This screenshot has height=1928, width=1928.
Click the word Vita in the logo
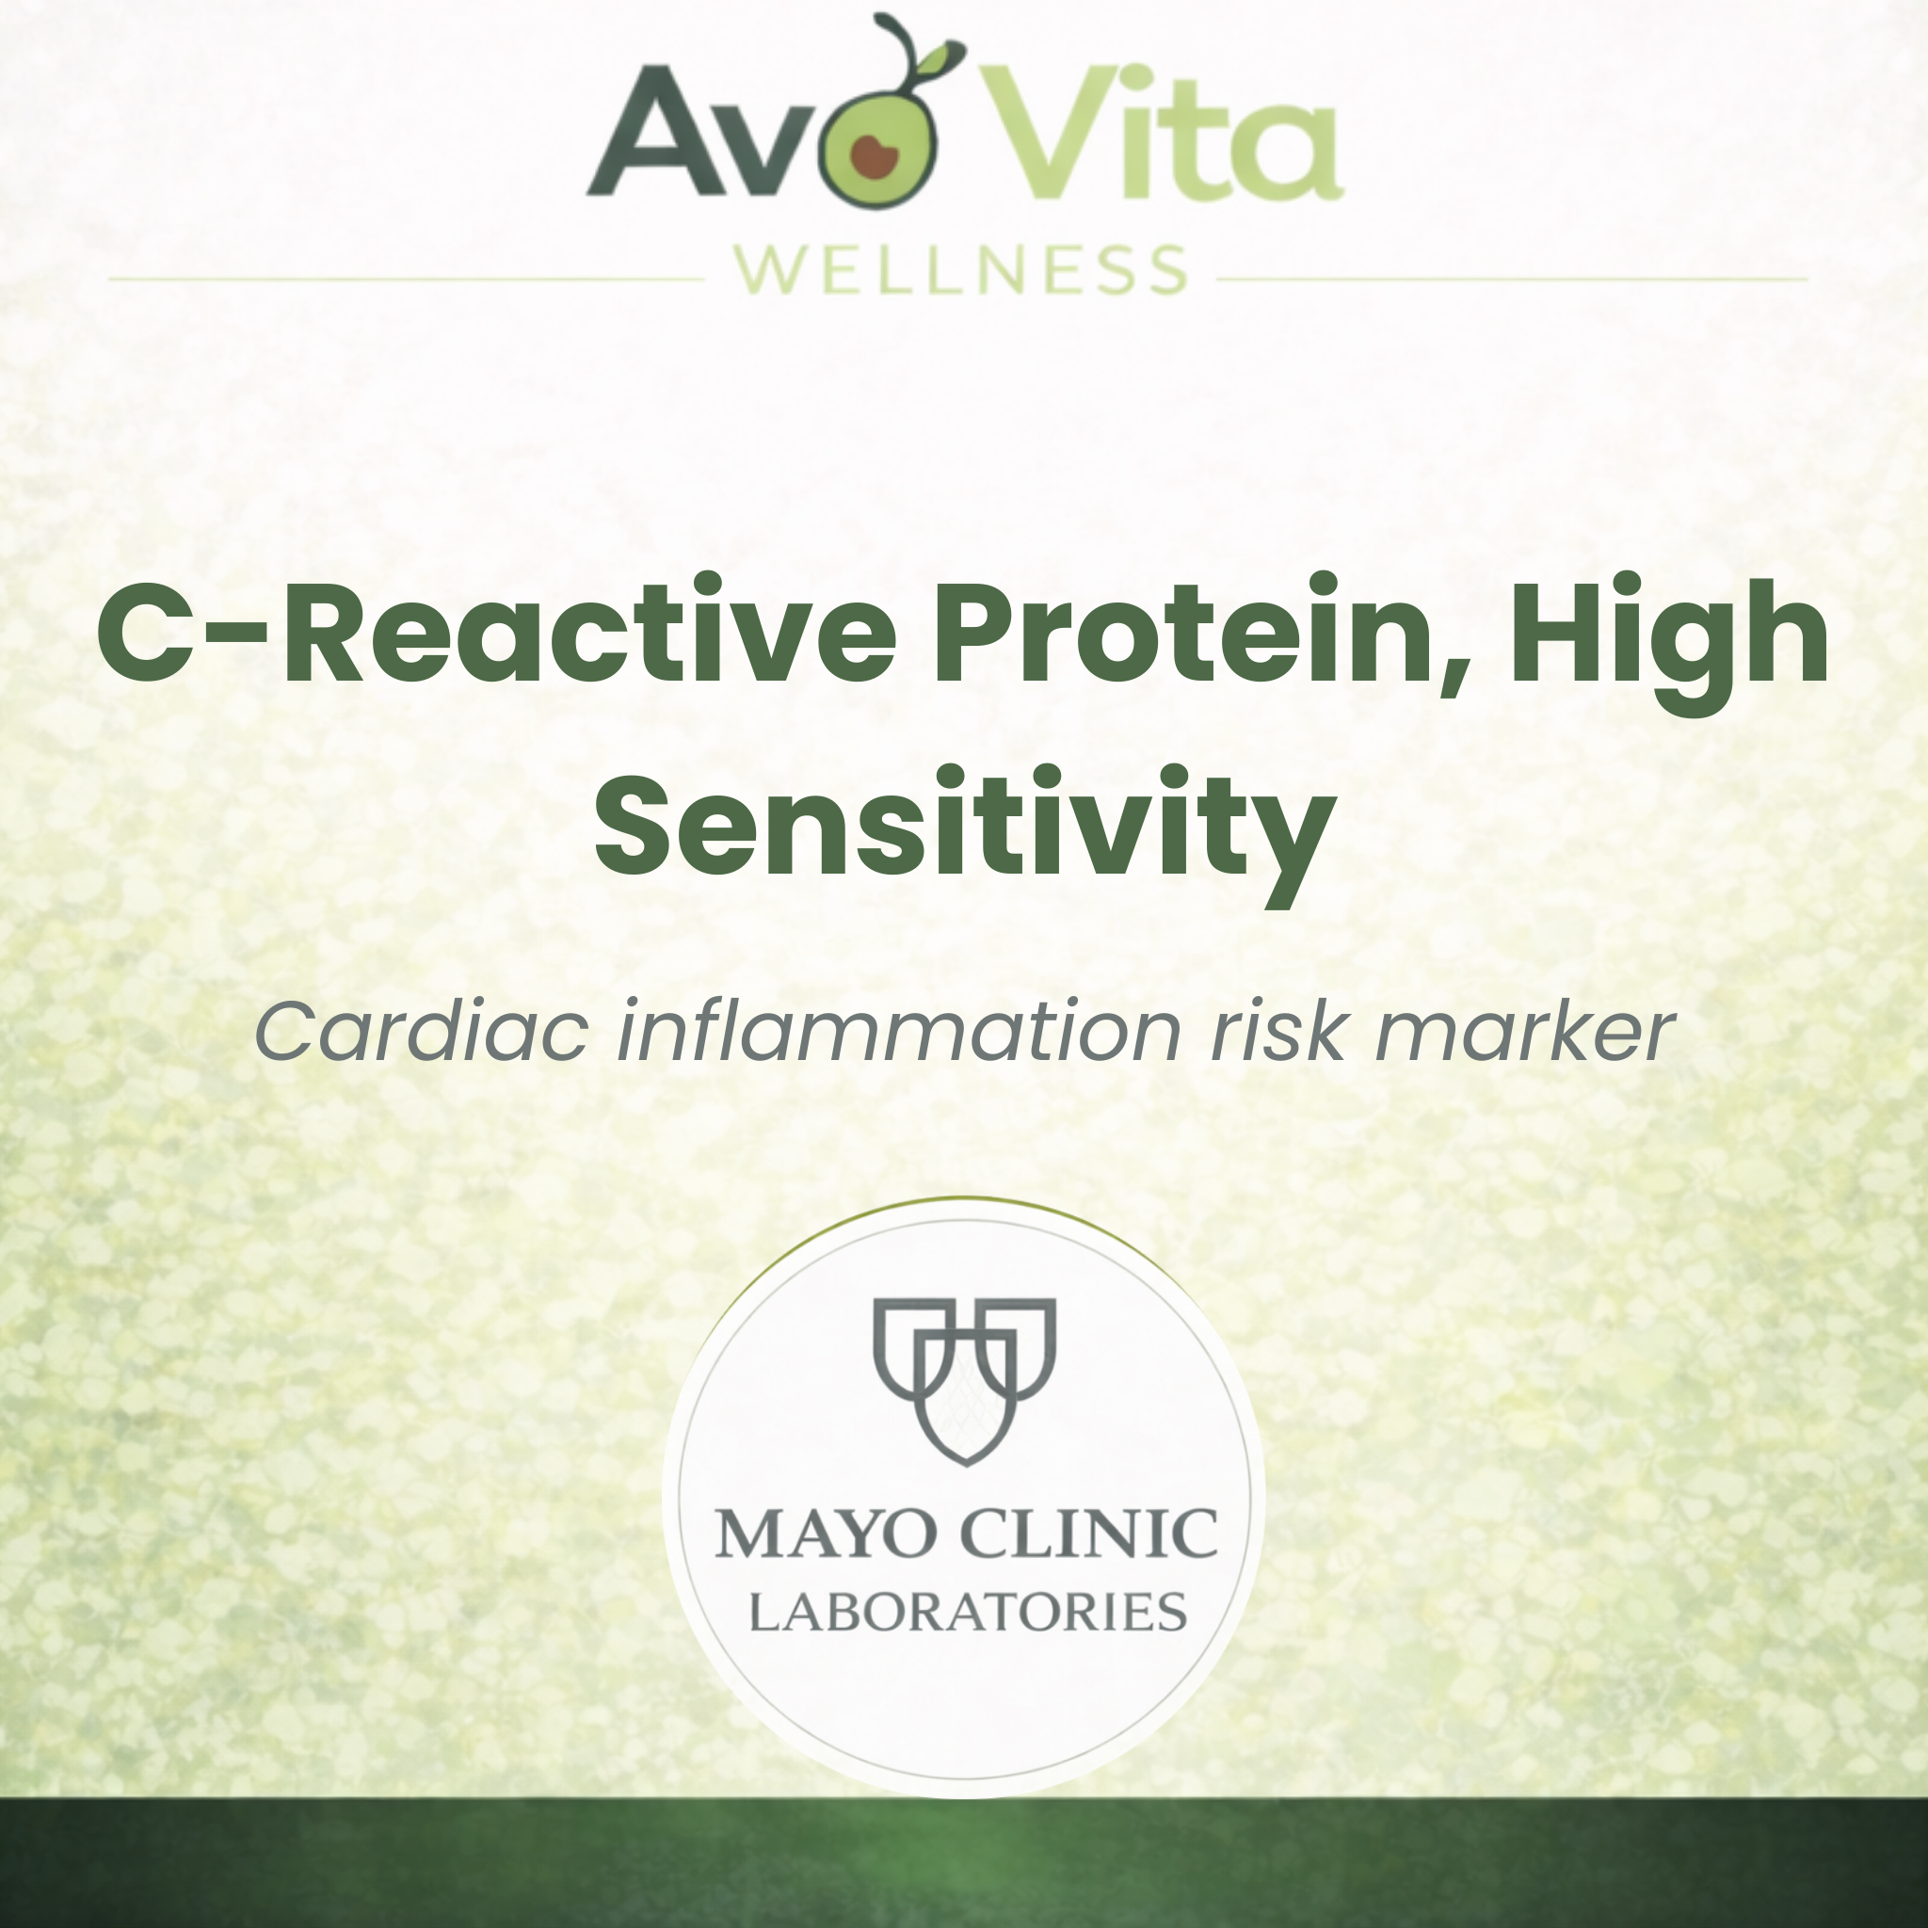[1162, 134]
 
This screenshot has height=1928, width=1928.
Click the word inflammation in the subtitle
[899, 1032]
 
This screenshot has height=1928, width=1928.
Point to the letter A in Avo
[653, 135]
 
